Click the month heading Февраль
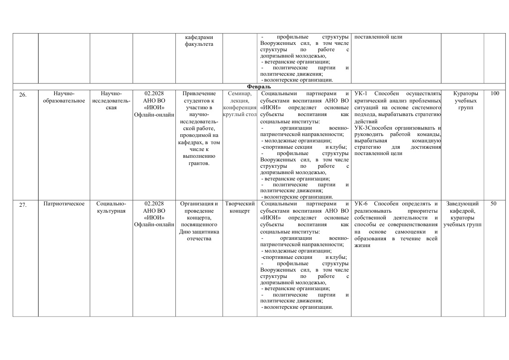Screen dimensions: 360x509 259,87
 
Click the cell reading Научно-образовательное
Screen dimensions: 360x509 64,97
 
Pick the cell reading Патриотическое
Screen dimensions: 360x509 64,204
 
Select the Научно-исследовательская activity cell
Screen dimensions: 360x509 111,100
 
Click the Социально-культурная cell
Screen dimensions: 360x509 111,207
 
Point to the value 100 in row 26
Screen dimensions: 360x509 494,93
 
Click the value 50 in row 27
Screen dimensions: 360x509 493,204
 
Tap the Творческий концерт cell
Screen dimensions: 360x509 240,207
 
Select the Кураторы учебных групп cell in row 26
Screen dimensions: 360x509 462,100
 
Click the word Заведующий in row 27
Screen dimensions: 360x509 462,204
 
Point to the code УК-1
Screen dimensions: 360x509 361,93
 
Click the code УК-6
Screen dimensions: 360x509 361,204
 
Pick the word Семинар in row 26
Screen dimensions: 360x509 240,93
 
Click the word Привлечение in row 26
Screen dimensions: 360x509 199,93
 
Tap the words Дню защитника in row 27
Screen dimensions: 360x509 199,232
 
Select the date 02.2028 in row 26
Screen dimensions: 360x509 154,93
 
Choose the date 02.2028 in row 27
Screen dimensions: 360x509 154,204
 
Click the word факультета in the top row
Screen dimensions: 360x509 199,44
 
